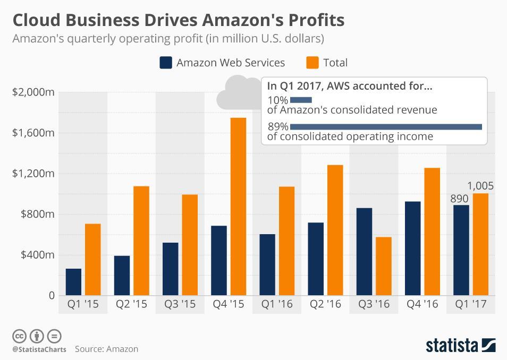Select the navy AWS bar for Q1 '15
(73, 281)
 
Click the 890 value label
(459, 199)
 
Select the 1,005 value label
(480, 186)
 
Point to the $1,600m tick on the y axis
(33, 133)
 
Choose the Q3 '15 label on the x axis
(179, 304)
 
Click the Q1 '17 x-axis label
(471, 304)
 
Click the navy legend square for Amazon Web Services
(166, 63)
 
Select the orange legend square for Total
(312, 63)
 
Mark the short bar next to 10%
(301, 100)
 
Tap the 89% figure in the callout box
(278, 126)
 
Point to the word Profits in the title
(314, 20)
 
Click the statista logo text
(451, 345)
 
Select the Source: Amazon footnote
(106, 349)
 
